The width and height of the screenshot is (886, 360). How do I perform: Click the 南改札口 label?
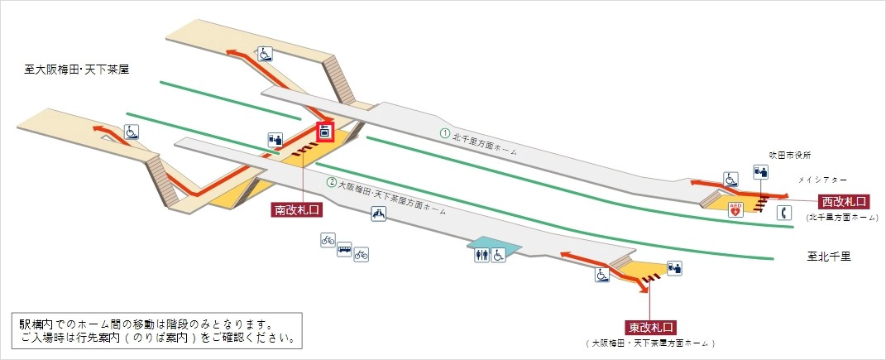tap(296, 210)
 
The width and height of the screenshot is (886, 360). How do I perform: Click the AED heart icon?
tap(735, 210)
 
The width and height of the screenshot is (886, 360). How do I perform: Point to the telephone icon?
tap(784, 212)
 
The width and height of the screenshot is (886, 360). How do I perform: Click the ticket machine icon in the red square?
tap(324, 132)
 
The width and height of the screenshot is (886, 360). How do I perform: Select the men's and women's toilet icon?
tap(482, 257)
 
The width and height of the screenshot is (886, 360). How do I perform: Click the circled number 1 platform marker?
tap(444, 132)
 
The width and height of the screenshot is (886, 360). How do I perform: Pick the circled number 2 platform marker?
tap(331, 182)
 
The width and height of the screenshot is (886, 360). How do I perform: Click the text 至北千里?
tap(829, 257)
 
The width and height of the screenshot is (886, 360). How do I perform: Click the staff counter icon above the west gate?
tap(760, 172)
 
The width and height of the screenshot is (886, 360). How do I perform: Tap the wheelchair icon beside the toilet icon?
tap(499, 257)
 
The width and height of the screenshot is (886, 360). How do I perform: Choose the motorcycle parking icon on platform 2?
tap(378, 214)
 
